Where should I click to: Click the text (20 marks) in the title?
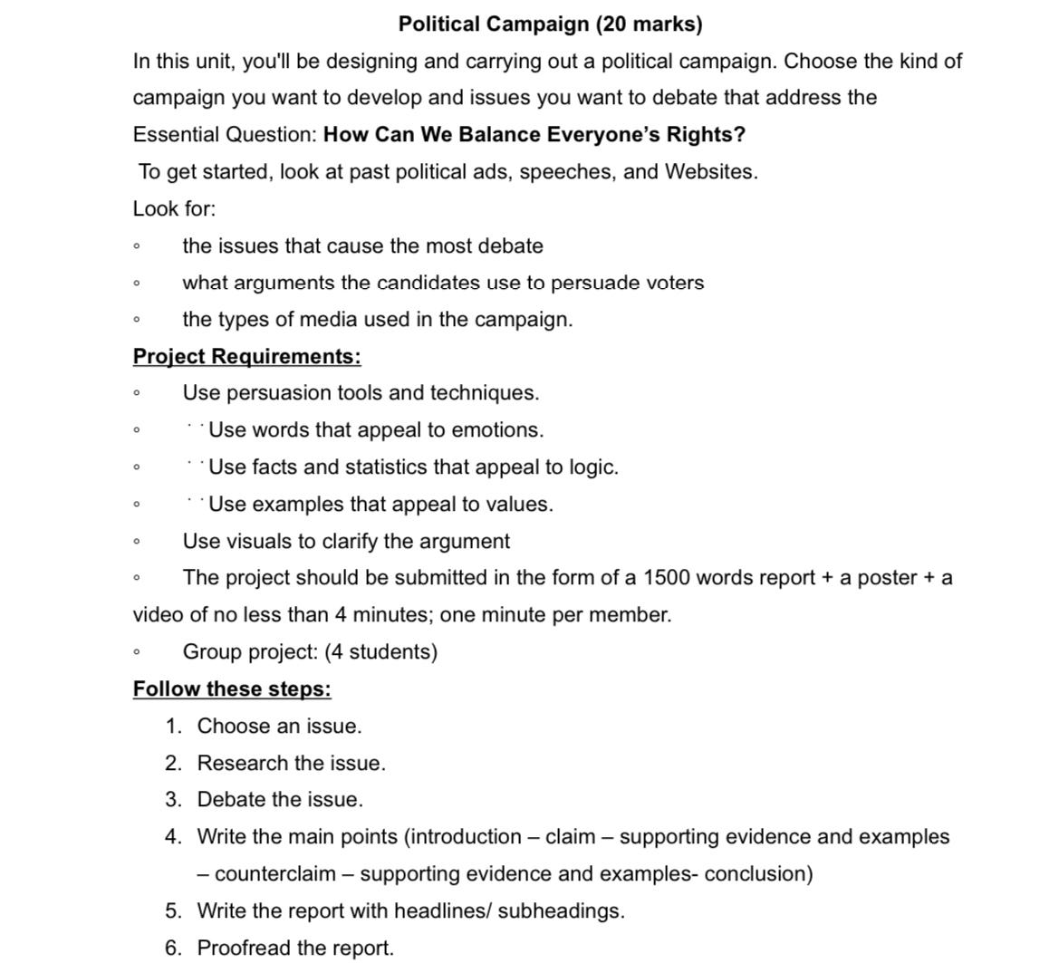pos(649,24)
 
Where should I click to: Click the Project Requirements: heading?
pos(246,357)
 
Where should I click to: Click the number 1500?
pos(667,578)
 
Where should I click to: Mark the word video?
pos(158,615)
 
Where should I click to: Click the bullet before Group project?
pos(136,652)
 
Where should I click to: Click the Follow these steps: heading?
pos(232,689)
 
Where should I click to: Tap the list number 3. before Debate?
pos(174,800)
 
